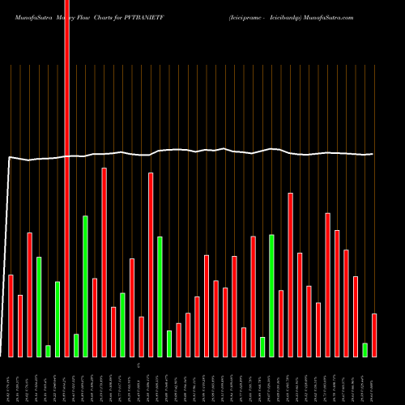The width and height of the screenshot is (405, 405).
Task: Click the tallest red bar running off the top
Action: click(x=67, y=162)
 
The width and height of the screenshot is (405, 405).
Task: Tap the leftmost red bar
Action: click(x=11, y=316)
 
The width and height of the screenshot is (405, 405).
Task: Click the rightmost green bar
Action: click(x=364, y=349)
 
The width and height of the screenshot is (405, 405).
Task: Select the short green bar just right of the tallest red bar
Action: click(x=76, y=345)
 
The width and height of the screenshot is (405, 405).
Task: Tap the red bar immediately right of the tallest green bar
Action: click(x=95, y=317)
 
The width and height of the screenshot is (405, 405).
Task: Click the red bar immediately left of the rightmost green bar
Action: click(x=356, y=316)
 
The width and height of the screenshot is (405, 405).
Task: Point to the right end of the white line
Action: click(x=373, y=154)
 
